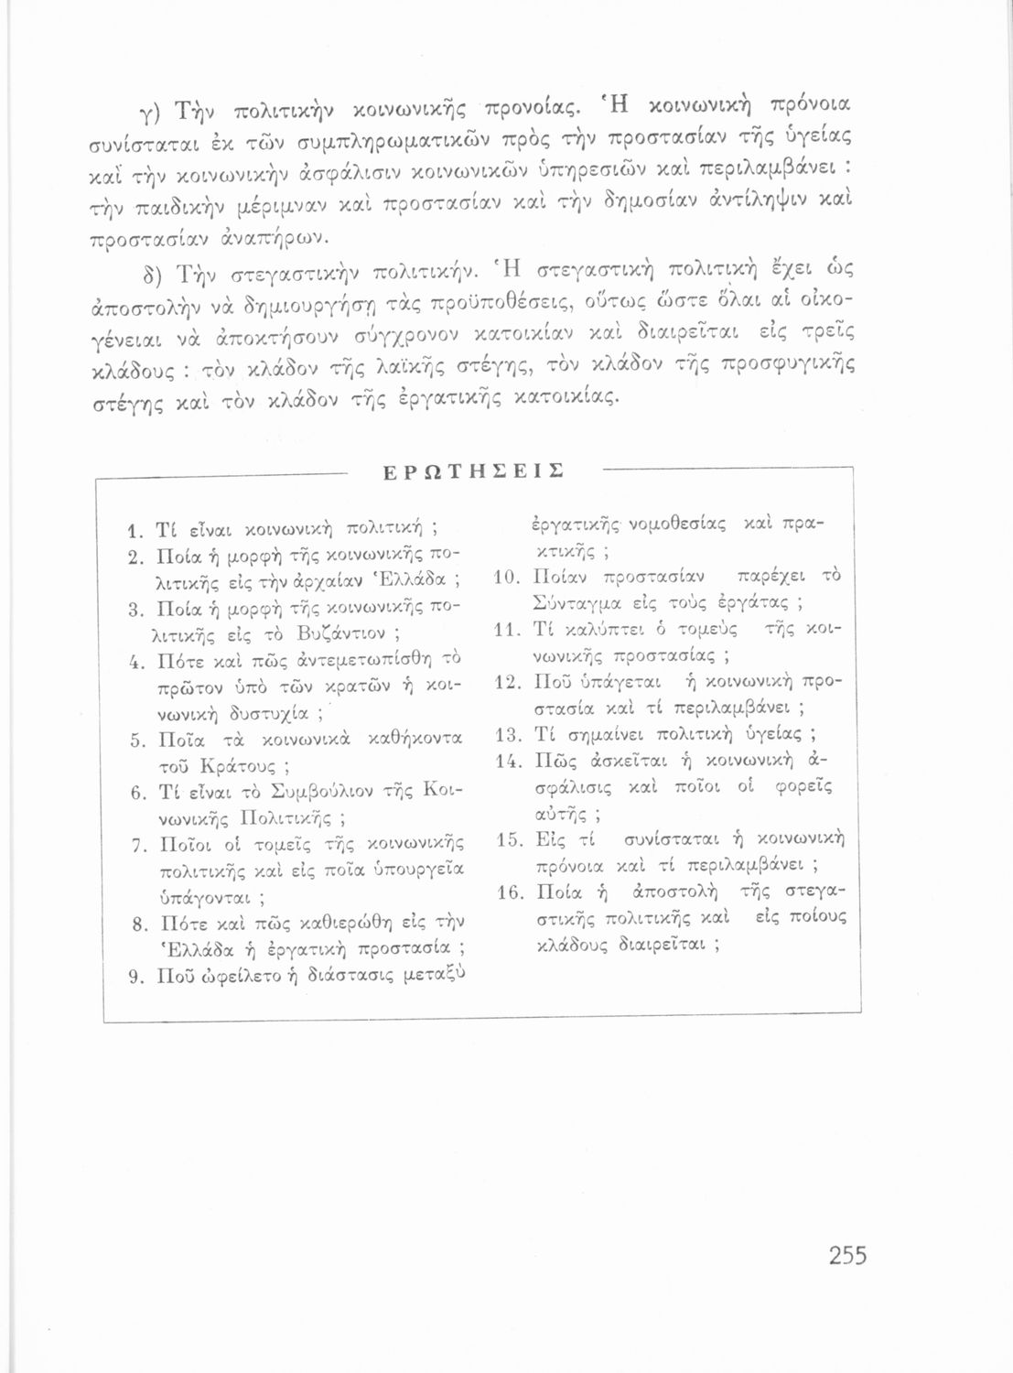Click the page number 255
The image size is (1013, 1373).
[x=846, y=1254]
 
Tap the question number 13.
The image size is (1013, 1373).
[x=508, y=735]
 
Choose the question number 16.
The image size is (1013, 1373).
[x=508, y=892]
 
